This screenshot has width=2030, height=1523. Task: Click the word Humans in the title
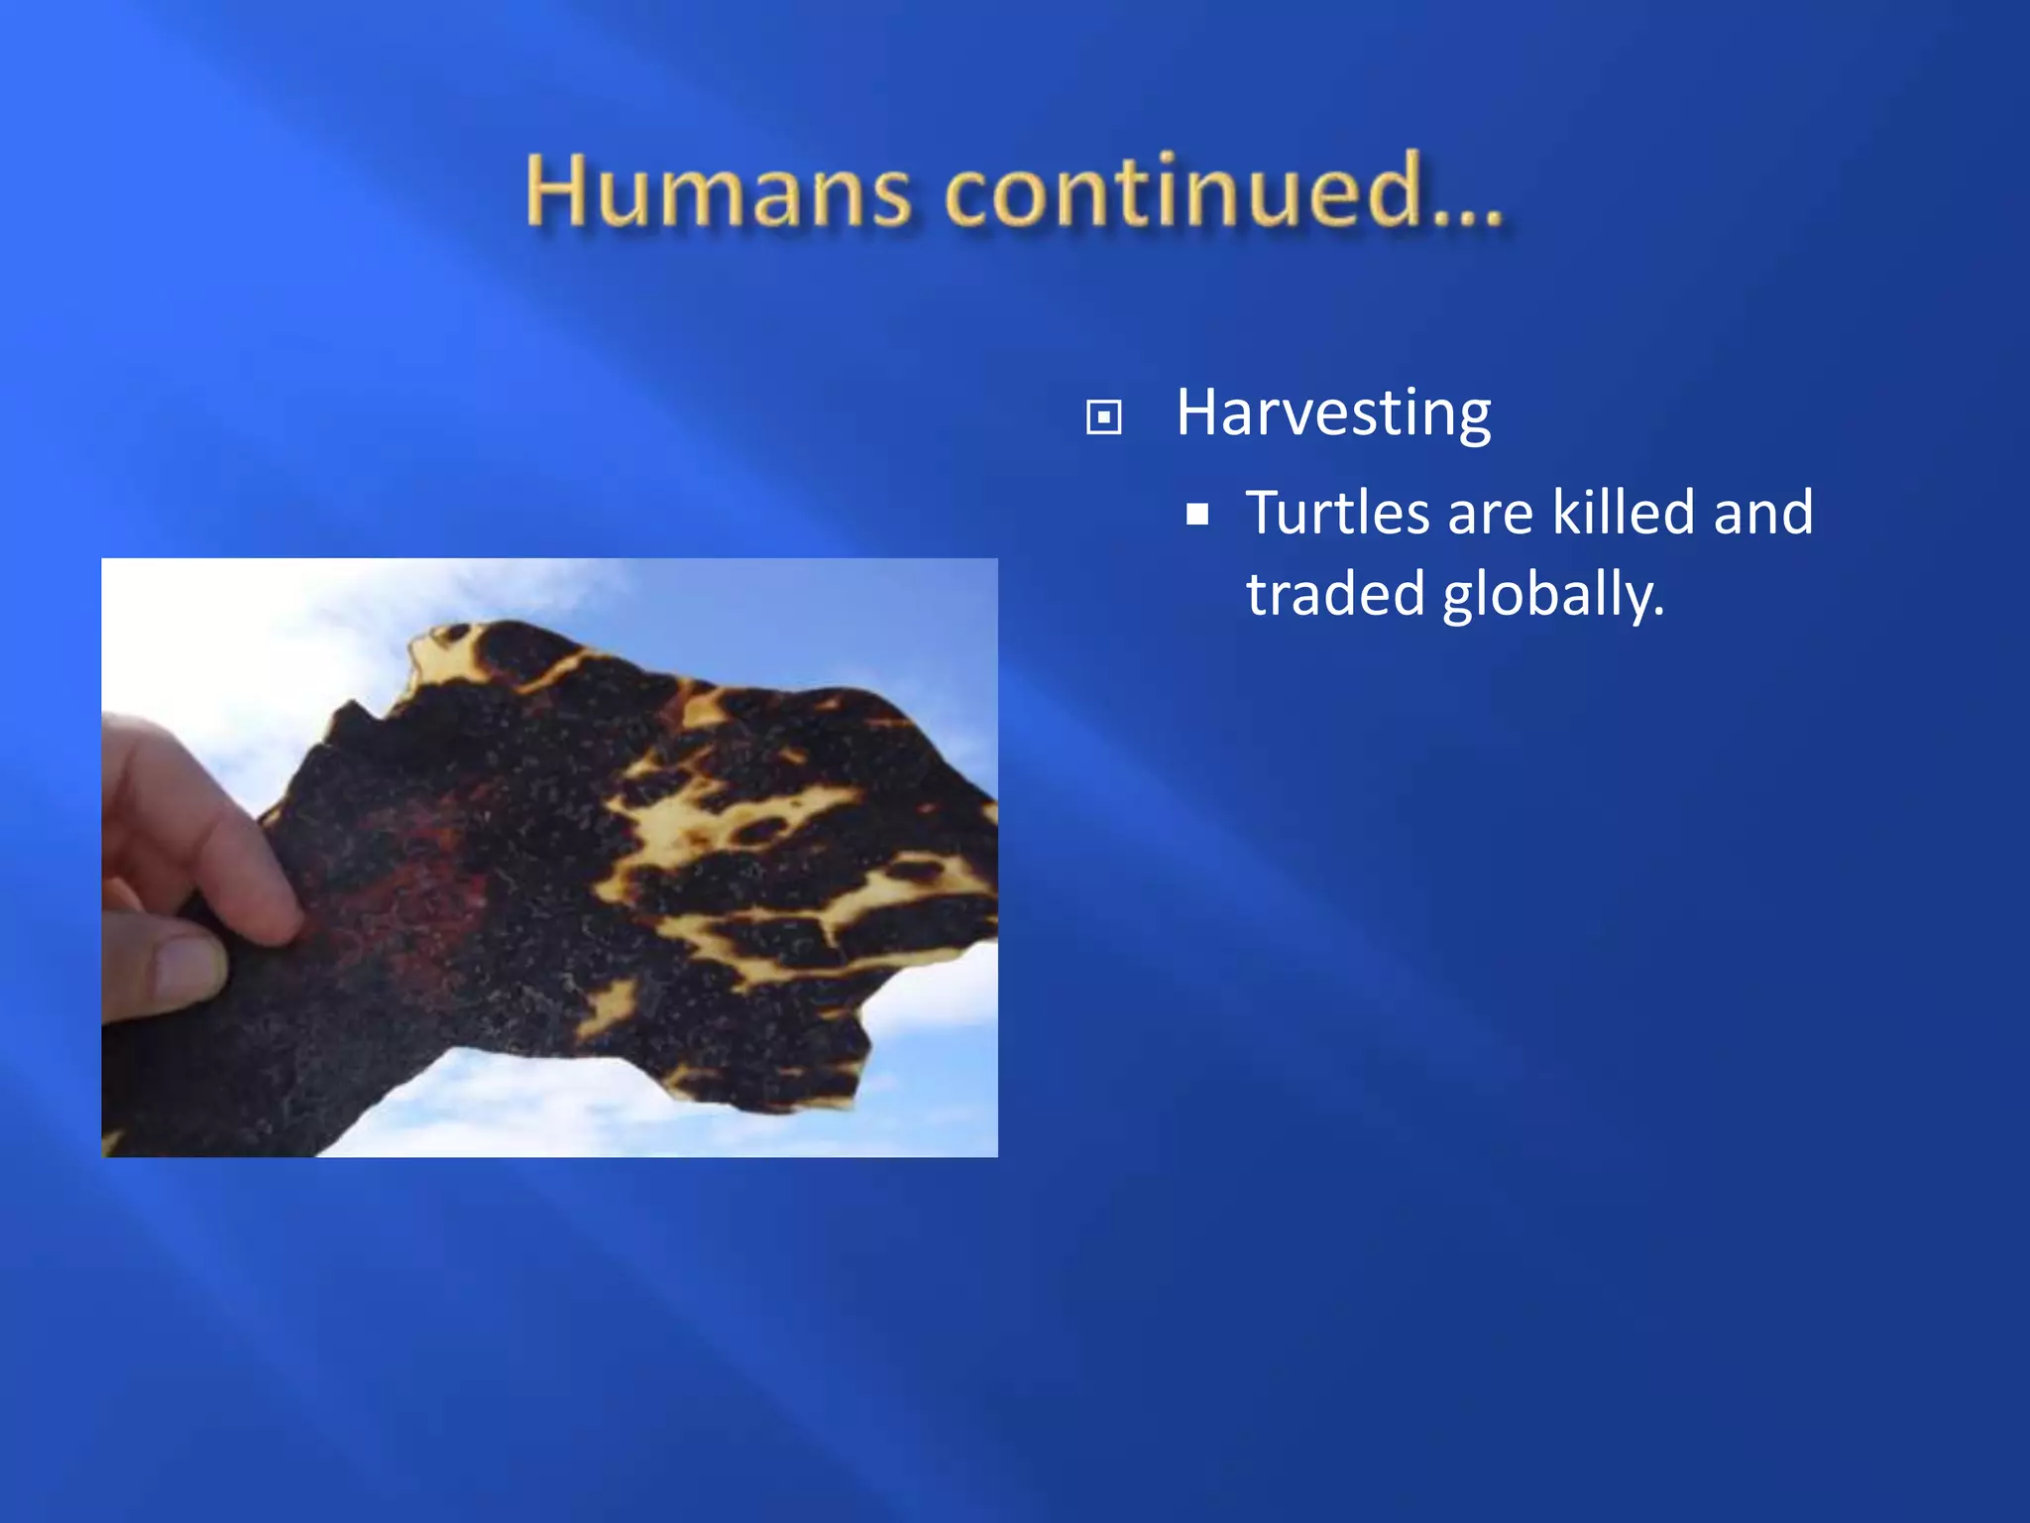tap(717, 190)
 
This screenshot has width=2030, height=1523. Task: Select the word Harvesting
tap(1333, 413)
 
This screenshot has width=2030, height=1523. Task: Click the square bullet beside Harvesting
tap(1103, 417)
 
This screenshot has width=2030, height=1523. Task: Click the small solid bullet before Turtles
tap(1197, 515)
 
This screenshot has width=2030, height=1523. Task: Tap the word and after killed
tap(1763, 513)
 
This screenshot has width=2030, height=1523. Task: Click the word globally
tap(1553, 596)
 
